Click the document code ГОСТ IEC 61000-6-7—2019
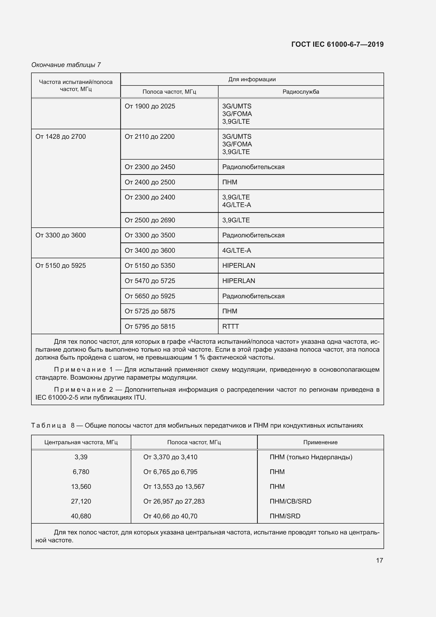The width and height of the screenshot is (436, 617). [337, 44]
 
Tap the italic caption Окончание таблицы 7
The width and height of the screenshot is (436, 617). [66, 65]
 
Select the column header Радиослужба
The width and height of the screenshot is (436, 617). [301, 92]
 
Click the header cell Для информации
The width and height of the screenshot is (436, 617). [252, 79]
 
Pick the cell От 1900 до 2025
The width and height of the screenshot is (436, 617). [150, 106]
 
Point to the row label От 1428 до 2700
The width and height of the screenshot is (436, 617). [61, 137]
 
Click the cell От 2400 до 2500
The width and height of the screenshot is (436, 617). [150, 182]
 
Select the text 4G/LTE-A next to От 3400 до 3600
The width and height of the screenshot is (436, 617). [236, 251]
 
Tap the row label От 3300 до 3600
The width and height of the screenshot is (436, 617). [61, 235]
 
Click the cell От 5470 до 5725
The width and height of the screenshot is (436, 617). [150, 281]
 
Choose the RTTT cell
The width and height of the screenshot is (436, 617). [230, 327]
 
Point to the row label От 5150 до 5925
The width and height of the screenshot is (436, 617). [61, 266]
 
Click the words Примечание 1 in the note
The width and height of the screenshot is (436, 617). [83, 370]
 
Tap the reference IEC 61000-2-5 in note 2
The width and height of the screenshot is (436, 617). [57, 398]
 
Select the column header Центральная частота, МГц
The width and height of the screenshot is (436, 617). [81, 442]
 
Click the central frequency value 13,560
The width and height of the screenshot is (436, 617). [81, 487]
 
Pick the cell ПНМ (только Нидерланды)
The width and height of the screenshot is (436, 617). [311, 457]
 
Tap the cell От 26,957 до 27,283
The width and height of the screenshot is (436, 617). [174, 501]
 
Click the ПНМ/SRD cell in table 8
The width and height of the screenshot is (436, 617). [285, 516]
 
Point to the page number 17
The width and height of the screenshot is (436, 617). [379, 560]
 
